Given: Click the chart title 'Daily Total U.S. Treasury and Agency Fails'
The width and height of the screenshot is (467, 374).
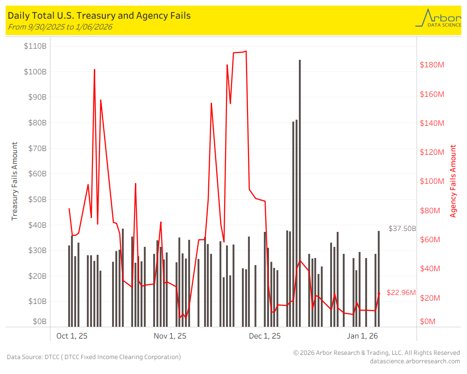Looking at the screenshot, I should pyautogui.click(x=99, y=16).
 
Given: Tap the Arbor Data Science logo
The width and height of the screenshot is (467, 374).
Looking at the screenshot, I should pyautogui.click(x=438, y=18).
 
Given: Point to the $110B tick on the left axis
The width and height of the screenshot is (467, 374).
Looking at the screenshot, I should pyautogui.click(x=35, y=46).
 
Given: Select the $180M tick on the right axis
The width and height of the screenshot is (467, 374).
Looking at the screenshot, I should pyautogui.click(x=432, y=65).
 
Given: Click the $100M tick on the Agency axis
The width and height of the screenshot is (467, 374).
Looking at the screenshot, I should pyautogui.click(x=432, y=181).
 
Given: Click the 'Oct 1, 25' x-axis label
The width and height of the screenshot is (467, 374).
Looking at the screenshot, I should pyautogui.click(x=72, y=336).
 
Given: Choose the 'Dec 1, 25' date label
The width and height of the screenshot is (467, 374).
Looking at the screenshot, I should pyautogui.click(x=265, y=336).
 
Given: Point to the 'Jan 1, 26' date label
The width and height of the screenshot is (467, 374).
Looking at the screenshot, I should pyautogui.click(x=362, y=336).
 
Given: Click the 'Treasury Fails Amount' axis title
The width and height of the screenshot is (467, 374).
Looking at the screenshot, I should pyautogui.click(x=14, y=181).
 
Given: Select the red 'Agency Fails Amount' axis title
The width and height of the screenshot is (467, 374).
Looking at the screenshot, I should pyautogui.click(x=453, y=181).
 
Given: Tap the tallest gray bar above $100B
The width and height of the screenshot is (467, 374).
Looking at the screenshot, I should pyautogui.click(x=300, y=140).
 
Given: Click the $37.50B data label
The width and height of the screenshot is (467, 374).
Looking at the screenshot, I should pyautogui.click(x=402, y=229).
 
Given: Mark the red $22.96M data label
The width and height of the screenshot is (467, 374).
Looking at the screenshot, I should pyautogui.click(x=401, y=293).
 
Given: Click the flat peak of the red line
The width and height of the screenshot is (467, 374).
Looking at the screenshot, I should pyautogui.click(x=239, y=52).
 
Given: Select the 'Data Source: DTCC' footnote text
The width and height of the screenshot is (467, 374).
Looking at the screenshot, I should pyautogui.click(x=93, y=357).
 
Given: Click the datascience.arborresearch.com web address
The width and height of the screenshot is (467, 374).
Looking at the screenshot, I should pyautogui.click(x=415, y=361).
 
